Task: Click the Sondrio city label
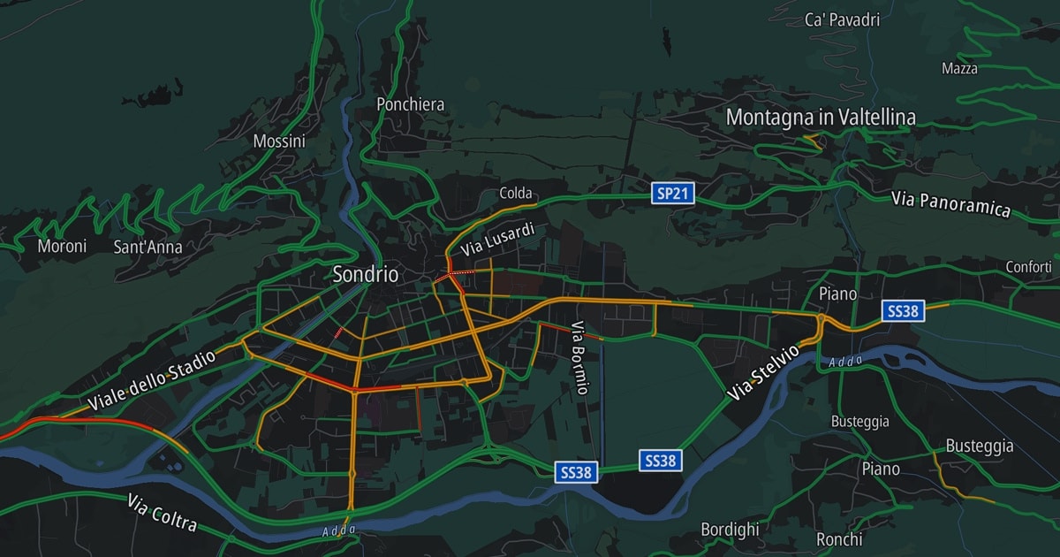pyautogui.click(x=365, y=274)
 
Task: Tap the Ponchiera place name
pyautogui.click(x=410, y=104)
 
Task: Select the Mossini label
pyautogui.click(x=279, y=141)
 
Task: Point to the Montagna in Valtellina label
pyautogui.click(x=821, y=117)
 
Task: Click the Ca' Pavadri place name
pyautogui.click(x=843, y=19)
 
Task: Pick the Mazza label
pyautogui.click(x=959, y=68)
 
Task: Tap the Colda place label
pyautogui.click(x=516, y=193)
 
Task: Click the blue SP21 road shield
pyautogui.click(x=672, y=194)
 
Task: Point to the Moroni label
pyautogui.click(x=62, y=246)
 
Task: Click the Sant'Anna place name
pyautogui.click(x=148, y=247)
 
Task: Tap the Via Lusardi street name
pyautogui.click(x=497, y=240)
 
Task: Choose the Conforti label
pyautogui.click(x=1028, y=266)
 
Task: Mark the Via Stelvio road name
pyautogui.click(x=763, y=372)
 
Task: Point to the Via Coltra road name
pyautogui.click(x=162, y=514)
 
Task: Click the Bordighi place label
pyautogui.click(x=730, y=530)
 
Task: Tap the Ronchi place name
pyautogui.click(x=839, y=538)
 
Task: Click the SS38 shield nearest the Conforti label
pyautogui.click(x=903, y=310)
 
